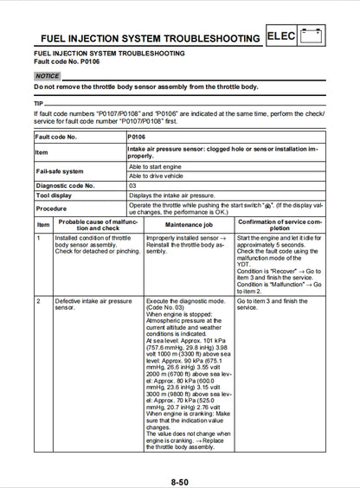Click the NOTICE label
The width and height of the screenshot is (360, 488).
pos(47,76)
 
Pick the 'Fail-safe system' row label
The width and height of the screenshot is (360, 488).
pos(60,170)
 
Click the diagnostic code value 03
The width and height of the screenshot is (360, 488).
pos(132,185)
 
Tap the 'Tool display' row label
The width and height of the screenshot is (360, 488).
pos(54,196)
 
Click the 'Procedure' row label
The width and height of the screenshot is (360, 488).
pos(51,209)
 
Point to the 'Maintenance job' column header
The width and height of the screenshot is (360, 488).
pos(189,223)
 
